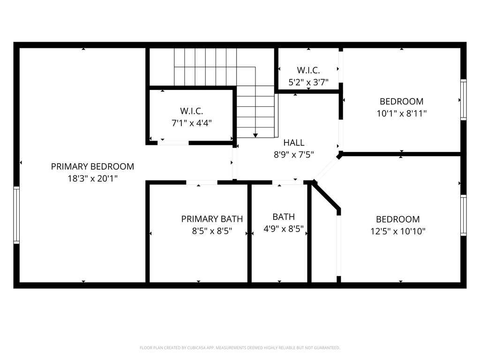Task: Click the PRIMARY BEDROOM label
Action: [x=92, y=166]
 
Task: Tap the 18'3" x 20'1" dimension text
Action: [x=92, y=179]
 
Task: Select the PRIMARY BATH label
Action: [x=212, y=219]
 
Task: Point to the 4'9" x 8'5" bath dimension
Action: [x=284, y=229]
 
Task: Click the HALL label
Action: [x=294, y=143]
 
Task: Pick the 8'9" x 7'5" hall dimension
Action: [x=294, y=154]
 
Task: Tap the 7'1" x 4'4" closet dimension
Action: [x=191, y=123]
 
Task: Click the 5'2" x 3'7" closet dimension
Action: [x=308, y=82]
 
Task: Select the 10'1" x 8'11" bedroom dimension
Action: [x=401, y=113]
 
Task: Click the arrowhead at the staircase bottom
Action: [x=255, y=135]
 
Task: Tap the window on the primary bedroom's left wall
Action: [x=16, y=215]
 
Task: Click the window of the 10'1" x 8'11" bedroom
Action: [x=463, y=100]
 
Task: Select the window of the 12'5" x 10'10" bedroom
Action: [x=463, y=215]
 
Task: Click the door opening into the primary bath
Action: [x=202, y=182]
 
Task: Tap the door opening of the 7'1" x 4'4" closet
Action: [x=173, y=142]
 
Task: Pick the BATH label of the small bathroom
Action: [x=284, y=217]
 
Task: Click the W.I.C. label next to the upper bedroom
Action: [x=308, y=70]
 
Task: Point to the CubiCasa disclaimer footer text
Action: [x=240, y=348]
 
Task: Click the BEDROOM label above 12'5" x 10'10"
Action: [x=398, y=219]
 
